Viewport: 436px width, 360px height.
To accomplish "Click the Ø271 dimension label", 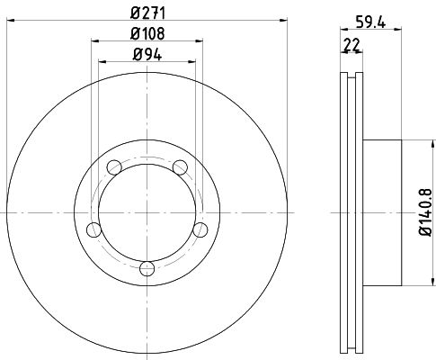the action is tap(147, 13).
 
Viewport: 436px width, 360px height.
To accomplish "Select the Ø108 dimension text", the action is tap(147, 33).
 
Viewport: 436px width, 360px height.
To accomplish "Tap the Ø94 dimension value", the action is tap(147, 55).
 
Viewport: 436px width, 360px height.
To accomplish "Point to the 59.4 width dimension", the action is tap(370, 22).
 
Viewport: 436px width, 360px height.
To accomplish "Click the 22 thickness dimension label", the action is tap(351, 45).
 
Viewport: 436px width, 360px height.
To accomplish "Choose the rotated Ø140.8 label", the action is tap(425, 212).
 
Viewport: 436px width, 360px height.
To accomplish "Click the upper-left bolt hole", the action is tap(114, 167).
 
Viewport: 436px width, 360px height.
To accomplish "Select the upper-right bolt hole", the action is tap(180, 167).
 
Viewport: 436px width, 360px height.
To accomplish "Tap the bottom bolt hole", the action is tap(147, 268).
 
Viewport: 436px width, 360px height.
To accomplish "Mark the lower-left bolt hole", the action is tap(93, 230).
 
